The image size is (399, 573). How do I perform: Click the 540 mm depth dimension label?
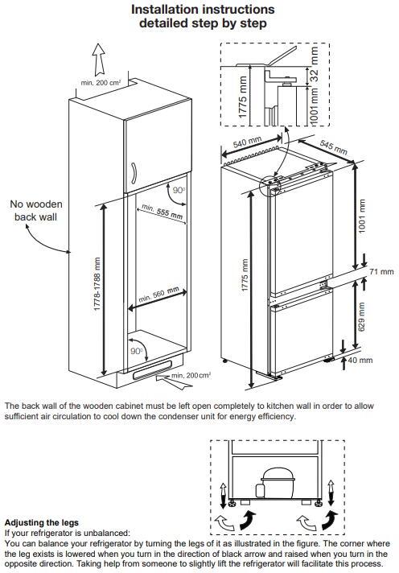247,142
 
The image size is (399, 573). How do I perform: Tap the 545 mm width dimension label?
334,147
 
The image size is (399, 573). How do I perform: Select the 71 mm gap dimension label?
381,271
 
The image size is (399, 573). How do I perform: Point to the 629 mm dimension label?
361,317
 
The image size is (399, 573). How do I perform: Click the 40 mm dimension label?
360,360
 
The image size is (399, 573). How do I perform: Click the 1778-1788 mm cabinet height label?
97,284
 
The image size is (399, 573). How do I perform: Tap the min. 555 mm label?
162,212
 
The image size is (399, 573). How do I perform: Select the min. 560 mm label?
159,295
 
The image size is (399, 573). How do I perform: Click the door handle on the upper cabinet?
134,174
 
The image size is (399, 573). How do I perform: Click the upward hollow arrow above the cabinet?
99,60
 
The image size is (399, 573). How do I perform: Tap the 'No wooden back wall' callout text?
36,211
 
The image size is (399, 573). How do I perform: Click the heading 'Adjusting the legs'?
42,522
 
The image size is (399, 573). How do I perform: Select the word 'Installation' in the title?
164,9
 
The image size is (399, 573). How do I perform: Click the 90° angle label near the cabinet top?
179,191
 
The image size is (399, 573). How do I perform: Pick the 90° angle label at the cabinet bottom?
136,351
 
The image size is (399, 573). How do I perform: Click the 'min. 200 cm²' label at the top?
101,83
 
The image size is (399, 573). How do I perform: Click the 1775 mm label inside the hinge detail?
243,97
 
